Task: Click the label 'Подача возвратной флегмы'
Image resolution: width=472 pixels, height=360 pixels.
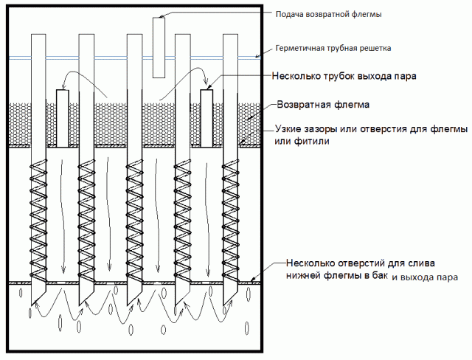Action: click(x=328, y=15)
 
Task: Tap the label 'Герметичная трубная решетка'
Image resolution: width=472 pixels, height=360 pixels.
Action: click(x=333, y=48)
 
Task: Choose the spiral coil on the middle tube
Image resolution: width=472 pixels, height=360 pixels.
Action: click(x=134, y=221)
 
